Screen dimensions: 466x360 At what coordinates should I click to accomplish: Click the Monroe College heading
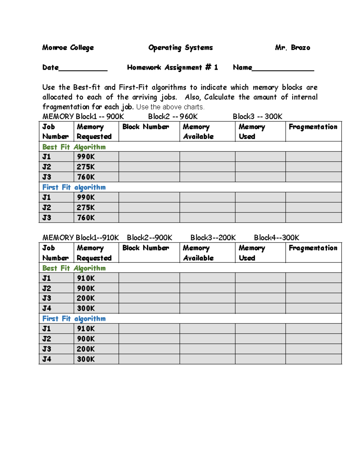point(68,48)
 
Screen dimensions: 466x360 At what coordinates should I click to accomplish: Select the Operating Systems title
point(181,48)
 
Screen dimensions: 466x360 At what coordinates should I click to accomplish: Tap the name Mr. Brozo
point(292,48)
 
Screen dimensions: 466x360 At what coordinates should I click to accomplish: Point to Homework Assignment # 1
point(172,68)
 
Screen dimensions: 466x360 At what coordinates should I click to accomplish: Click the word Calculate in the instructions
point(219,97)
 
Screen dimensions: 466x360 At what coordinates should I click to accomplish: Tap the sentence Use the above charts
point(170,107)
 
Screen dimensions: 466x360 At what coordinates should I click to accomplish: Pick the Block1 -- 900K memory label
point(100,116)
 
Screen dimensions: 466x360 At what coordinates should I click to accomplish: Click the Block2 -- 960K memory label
point(173,116)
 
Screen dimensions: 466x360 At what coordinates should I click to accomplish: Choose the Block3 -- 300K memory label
point(257,116)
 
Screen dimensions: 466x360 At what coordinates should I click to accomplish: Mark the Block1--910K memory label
point(97,238)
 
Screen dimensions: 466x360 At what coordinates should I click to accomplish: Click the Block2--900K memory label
point(149,238)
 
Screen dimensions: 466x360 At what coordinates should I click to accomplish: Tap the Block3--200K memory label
point(213,238)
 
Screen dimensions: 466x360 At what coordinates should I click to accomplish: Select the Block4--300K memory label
point(277,238)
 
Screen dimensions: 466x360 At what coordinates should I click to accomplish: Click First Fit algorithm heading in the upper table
point(74,188)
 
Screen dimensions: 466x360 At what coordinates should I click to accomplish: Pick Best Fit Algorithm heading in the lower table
point(74,268)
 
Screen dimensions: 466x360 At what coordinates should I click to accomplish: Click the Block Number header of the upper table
point(145,127)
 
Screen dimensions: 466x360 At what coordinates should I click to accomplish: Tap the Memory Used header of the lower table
point(252,253)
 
